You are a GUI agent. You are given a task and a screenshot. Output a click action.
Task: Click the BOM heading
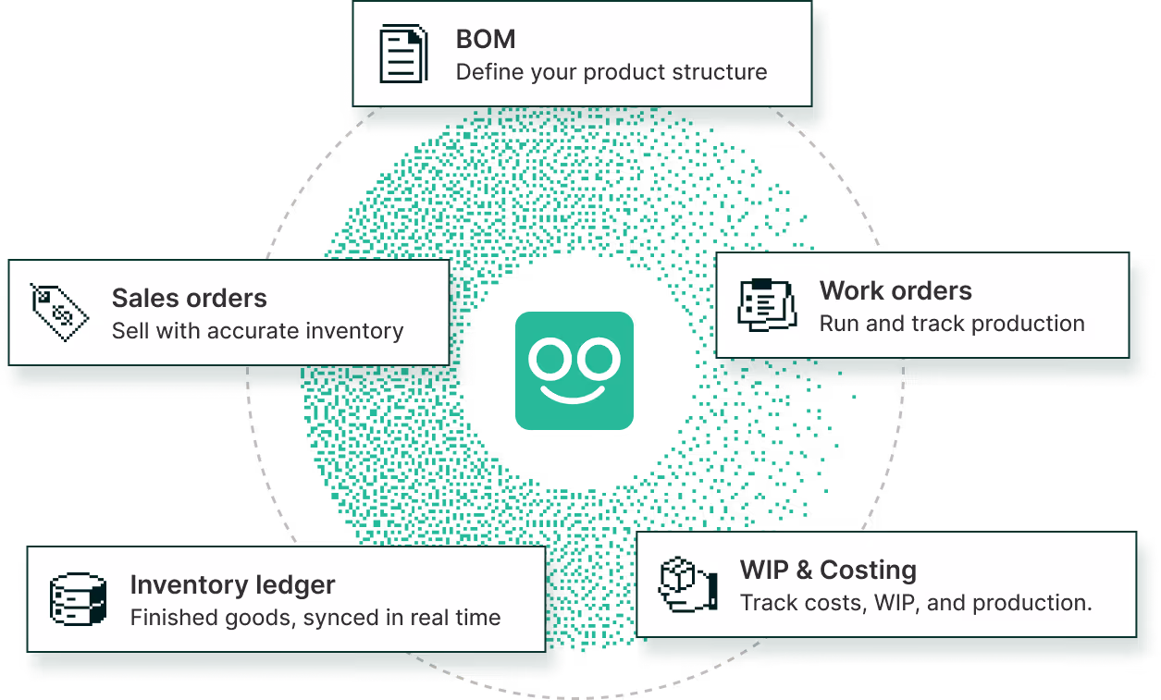(486, 39)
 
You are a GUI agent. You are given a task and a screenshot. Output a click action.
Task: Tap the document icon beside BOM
(403, 54)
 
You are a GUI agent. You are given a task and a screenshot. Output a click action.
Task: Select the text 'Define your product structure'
(611, 72)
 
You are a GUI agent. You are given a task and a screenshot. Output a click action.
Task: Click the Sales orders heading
(189, 298)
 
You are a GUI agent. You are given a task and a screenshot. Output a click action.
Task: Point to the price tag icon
(59, 312)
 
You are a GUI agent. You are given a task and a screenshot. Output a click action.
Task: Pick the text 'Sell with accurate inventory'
(257, 330)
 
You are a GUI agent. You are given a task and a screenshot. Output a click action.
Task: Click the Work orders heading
(895, 290)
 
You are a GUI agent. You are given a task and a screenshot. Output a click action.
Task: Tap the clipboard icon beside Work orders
(767, 304)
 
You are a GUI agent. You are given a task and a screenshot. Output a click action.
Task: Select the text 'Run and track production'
(952, 324)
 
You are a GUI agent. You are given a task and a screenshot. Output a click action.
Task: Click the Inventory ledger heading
(232, 585)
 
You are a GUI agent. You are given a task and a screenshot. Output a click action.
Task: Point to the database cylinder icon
(79, 598)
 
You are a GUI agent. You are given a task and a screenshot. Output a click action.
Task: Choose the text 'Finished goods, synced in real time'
(315, 618)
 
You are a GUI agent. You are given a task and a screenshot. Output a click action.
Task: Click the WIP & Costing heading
(828, 570)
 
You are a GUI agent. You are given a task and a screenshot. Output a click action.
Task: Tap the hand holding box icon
(687, 584)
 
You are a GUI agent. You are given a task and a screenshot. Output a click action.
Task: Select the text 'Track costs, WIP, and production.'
(916, 603)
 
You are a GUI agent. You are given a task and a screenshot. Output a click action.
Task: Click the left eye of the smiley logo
(550, 358)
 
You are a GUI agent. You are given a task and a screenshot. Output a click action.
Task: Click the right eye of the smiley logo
(599, 358)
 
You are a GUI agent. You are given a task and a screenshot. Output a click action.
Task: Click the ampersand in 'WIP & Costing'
(804, 570)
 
